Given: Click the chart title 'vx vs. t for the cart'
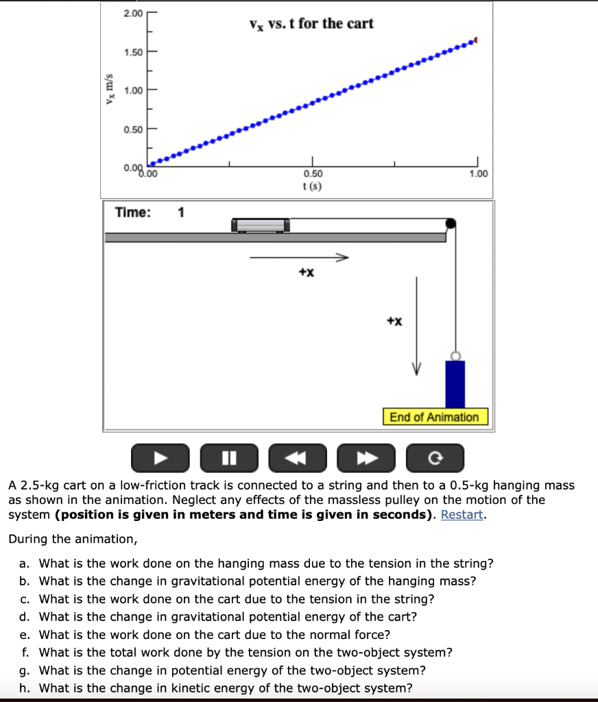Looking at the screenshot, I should click(x=311, y=24).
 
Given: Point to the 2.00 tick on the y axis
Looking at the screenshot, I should click(x=133, y=14).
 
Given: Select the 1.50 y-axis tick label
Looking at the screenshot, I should click(x=133, y=52).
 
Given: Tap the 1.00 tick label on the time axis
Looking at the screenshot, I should click(x=479, y=174).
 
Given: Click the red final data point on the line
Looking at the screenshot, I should click(x=476, y=41).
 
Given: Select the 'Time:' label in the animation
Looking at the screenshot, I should click(x=133, y=213).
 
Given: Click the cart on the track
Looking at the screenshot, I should click(x=261, y=225).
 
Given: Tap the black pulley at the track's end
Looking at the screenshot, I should click(x=451, y=223).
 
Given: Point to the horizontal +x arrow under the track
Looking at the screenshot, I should click(x=299, y=258).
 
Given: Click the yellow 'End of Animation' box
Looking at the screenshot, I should click(x=434, y=417).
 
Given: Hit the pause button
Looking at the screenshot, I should click(x=229, y=458).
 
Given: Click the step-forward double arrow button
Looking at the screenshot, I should click(x=366, y=458).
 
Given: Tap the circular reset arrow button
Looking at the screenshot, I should click(x=435, y=458).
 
